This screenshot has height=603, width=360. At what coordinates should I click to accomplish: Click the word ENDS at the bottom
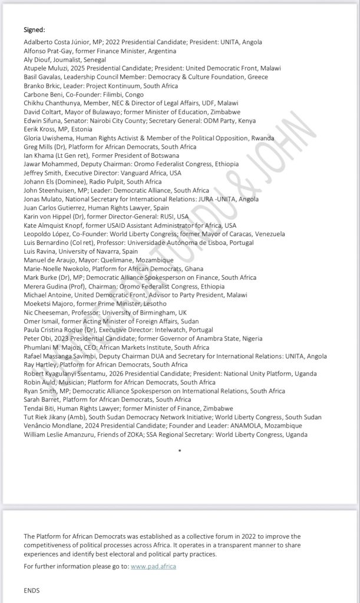click(x=31, y=589)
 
